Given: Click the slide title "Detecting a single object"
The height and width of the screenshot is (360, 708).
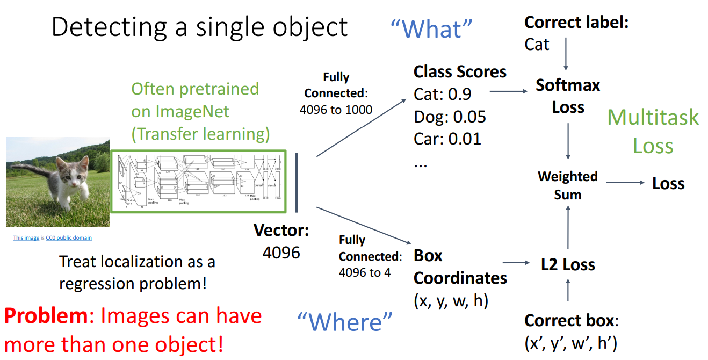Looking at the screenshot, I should [x=199, y=27].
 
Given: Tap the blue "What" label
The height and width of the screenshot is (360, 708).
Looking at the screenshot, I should [x=431, y=28].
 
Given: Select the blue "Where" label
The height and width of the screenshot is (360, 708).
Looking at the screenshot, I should [x=345, y=322].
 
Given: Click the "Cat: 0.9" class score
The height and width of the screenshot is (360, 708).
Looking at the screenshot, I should [x=442, y=94].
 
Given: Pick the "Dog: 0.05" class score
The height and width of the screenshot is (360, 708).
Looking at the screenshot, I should [x=450, y=117].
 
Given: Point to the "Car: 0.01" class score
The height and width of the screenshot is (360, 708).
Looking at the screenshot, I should [x=447, y=139].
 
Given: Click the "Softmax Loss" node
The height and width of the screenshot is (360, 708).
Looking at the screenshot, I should [x=568, y=96].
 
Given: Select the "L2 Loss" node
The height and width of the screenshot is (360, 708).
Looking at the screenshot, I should [x=568, y=264].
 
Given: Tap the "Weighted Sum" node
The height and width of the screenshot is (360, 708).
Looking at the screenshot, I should [x=568, y=185].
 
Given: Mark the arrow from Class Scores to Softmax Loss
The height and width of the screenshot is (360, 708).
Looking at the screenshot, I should [x=509, y=92].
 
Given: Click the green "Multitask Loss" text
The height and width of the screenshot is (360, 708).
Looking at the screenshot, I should [x=653, y=131].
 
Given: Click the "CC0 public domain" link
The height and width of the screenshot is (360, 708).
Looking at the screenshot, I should [x=69, y=238].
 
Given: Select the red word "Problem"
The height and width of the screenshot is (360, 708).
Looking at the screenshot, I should [x=46, y=316].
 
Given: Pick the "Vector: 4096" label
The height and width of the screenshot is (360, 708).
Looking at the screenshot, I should [x=281, y=241].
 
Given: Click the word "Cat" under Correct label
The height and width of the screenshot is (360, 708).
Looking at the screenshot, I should [x=537, y=44].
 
